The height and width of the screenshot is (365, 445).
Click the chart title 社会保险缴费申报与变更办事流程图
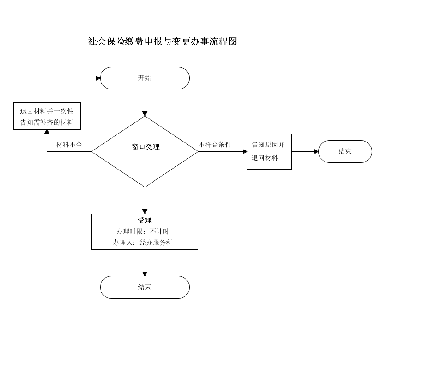tap(162, 41)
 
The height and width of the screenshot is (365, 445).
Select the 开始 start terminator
tap(145, 78)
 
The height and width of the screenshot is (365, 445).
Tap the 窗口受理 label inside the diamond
tap(146, 147)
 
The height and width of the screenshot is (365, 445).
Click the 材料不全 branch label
tap(69, 145)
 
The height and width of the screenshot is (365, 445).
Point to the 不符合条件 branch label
tap(214, 145)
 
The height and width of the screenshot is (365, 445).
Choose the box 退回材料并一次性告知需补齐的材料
tap(47, 116)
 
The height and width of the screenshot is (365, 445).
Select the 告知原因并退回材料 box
tap(269, 151)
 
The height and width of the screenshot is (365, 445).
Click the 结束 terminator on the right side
tap(345, 151)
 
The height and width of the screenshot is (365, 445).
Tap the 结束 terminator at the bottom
tap(145, 287)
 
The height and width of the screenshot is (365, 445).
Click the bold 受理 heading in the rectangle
tap(145, 220)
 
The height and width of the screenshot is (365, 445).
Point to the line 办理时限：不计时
tap(143, 231)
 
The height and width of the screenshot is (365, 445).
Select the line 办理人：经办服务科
tap(143, 243)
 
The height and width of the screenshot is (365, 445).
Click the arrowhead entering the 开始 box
tap(98, 78)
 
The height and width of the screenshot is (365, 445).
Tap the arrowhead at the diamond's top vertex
tap(145, 114)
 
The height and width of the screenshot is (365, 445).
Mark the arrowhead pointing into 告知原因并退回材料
tap(245, 151)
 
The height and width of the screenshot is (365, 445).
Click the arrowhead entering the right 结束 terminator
tap(316, 151)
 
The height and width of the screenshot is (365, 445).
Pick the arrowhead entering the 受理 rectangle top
tap(145, 211)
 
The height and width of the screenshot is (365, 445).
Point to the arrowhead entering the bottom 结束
tap(145, 274)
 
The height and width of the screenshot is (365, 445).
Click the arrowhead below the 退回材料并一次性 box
tap(47, 131)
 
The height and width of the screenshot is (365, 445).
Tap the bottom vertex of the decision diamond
tap(145, 187)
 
